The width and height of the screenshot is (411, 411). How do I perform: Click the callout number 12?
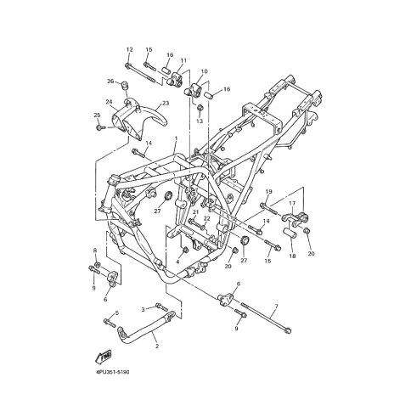point(129,50)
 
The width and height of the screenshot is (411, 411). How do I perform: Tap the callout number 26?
point(110,82)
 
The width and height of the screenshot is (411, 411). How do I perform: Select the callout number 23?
point(166,104)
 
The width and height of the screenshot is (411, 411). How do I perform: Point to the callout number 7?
point(277,306)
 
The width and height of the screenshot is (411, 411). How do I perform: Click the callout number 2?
point(157,346)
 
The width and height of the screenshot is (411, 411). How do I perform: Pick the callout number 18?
point(292,256)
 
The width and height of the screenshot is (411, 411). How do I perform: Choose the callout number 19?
point(268,192)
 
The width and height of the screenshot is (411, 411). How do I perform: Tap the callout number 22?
point(207,218)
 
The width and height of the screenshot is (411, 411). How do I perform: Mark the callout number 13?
point(200,121)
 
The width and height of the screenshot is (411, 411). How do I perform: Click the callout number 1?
point(176,138)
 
